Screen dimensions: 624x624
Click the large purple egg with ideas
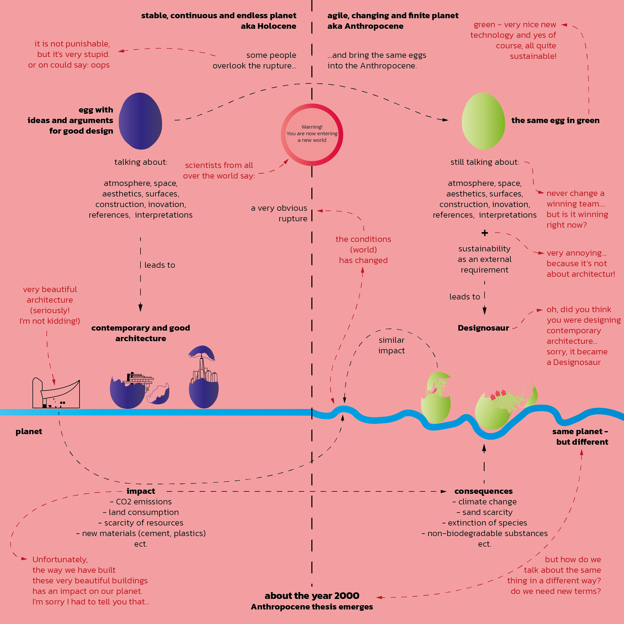(x=140, y=121)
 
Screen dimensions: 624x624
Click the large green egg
(x=484, y=121)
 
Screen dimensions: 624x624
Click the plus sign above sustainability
(x=485, y=233)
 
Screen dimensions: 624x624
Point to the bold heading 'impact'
(x=141, y=491)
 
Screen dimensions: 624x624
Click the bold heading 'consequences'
(x=484, y=491)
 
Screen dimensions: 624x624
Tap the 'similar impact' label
(x=391, y=345)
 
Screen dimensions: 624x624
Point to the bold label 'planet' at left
(x=29, y=431)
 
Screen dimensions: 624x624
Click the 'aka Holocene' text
(x=268, y=26)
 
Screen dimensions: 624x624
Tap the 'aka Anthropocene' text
(x=365, y=26)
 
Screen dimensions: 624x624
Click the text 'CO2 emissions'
(x=144, y=501)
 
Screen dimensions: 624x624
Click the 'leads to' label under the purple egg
(x=159, y=265)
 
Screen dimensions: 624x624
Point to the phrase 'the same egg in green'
(x=555, y=120)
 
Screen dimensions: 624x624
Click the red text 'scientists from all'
(x=219, y=165)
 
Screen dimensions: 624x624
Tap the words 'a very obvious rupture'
(x=279, y=213)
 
